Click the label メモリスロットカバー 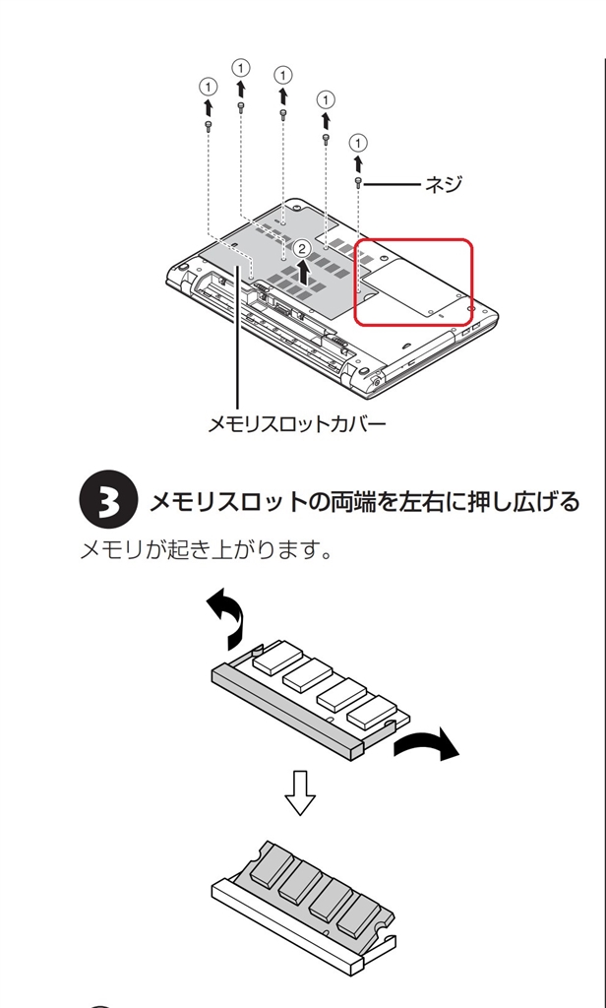[x=296, y=424]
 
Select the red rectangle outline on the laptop [x=413, y=282]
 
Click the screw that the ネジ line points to [x=360, y=183]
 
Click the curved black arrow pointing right [x=426, y=747]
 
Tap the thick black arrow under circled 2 [x=304, y=271]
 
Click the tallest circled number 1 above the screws [x=241, y=67]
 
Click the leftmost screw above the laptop [x=208, y=125]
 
